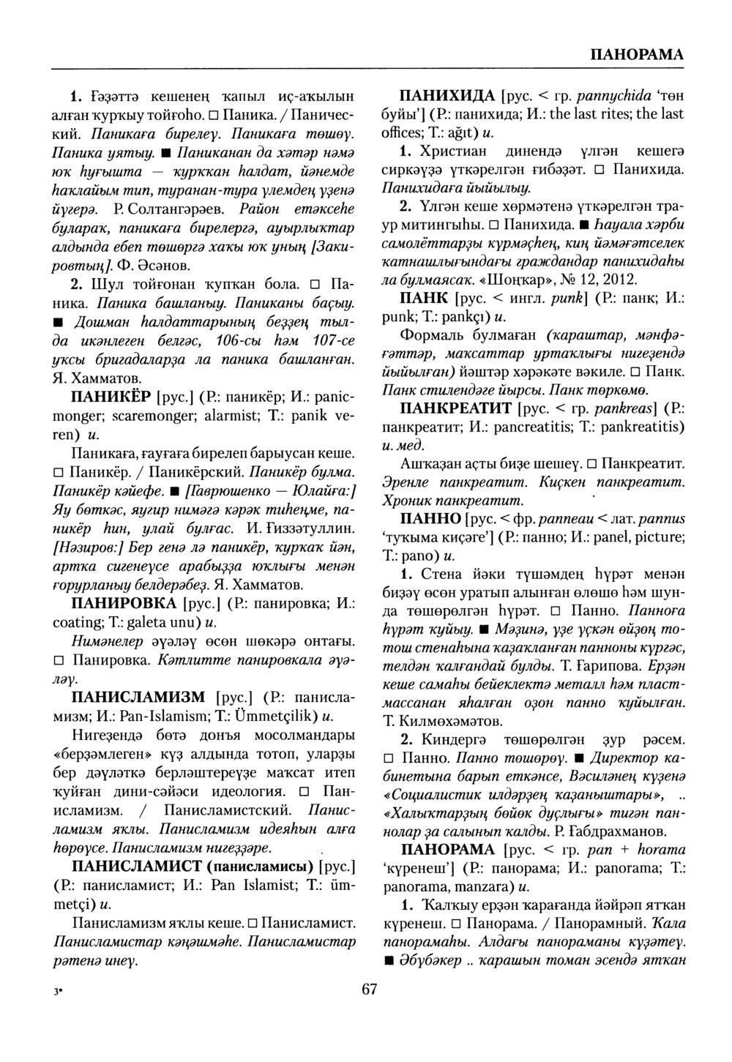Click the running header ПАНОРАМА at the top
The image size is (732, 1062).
636,54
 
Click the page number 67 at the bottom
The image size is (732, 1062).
368,990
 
